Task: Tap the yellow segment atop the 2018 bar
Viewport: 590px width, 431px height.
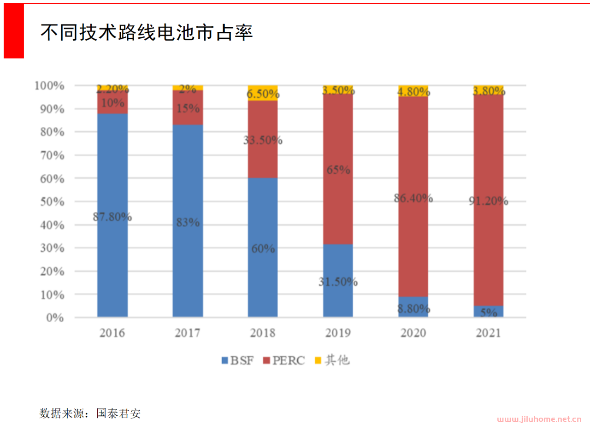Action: (x=263, y=93)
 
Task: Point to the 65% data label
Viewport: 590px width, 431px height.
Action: (x=338, y=170)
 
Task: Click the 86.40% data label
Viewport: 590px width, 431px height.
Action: (x=413, y=199)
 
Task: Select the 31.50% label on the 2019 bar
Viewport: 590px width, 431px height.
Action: (x=338, y=282)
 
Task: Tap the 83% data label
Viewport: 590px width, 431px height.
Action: (x=188, y=223)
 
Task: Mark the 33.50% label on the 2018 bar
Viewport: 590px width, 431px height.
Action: (x=263, y=141)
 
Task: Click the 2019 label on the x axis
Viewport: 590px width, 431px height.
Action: (x=338, y=333)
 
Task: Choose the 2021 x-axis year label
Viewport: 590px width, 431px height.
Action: (x=488, y=333)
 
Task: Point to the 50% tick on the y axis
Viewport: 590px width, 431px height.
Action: (x=49, y=201)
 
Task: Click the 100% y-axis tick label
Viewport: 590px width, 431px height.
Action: (x=49, y=86)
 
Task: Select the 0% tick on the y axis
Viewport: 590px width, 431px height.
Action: (x=54, y=318)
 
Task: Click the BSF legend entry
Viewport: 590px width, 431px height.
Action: (x=238, y=360)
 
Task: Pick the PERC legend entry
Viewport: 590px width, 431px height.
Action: (x=284, y=360)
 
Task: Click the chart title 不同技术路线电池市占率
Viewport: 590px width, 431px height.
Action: (x=147, y=33)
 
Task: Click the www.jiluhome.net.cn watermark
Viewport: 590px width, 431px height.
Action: (x=539, y=419)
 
